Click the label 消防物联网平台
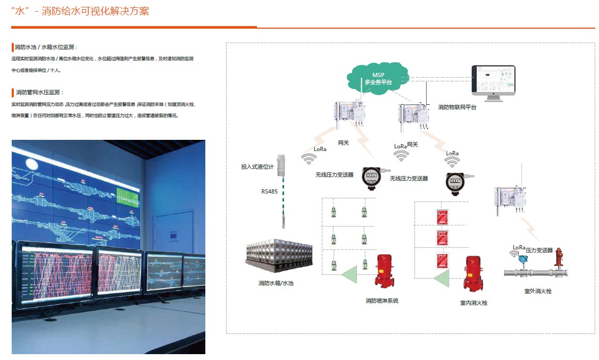[x=457, y=107]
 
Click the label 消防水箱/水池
[x=276, y=283]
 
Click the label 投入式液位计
[x=257, y=167]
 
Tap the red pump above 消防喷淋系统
[x=384, y=272]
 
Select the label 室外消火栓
[x=538, y=291]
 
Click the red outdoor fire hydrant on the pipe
[x=558, y=259]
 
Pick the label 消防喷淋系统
[x=381, y=301]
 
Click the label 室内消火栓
[x=473, y=303]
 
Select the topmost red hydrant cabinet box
[x=443, y=216]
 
